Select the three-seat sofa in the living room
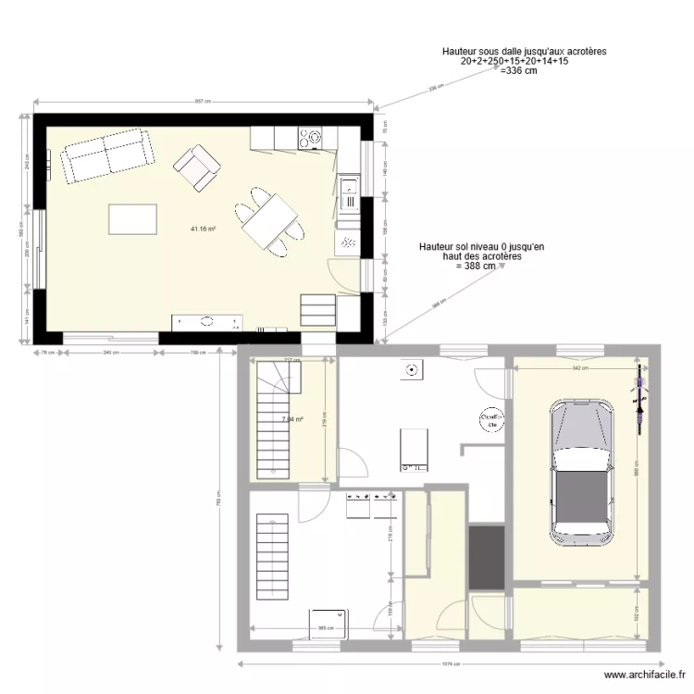107,155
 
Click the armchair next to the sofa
197,167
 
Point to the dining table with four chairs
268,219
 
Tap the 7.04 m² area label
292,419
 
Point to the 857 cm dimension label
203,102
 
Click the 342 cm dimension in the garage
576,369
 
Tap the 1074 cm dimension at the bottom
451,663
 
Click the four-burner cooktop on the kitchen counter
310,139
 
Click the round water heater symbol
490,423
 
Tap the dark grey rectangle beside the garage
486,557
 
